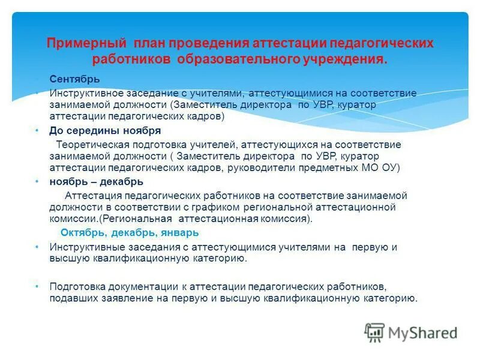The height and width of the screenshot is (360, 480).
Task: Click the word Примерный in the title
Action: coord(86,44)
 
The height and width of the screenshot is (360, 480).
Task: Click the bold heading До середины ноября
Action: coord(105,130)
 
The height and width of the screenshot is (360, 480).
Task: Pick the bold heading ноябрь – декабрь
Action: coord(96,181)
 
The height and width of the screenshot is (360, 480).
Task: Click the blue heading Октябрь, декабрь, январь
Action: coord(129,232)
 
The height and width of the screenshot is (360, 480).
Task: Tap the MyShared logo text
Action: coord(423,332)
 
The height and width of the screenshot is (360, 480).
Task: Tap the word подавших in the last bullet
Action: coord(70,298)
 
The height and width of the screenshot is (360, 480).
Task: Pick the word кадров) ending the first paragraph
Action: coord(206,116)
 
